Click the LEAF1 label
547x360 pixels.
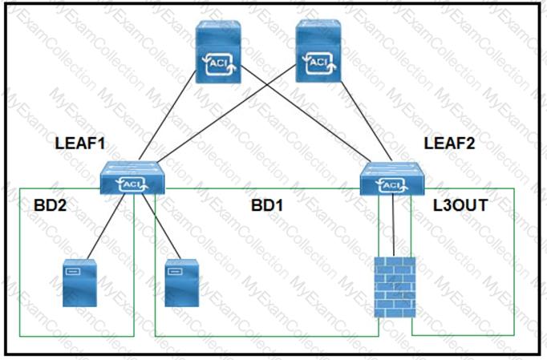[80, 144]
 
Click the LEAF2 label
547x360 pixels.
[449, 144]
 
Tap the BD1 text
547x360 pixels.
[267, 205]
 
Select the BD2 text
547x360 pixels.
[50, 205]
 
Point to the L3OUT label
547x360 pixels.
[460, 205]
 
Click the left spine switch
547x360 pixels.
[218, 51]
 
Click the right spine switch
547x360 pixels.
[318, 51]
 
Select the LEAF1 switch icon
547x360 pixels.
[132, 177]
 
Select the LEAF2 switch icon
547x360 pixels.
[392, 178]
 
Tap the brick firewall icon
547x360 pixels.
[395, 287]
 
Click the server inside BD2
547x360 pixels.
[79, 283]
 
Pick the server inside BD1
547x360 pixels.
[182, 283]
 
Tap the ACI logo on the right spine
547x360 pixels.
[319, 63]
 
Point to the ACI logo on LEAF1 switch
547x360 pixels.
[132, 184]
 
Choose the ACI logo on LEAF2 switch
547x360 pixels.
[392, 185]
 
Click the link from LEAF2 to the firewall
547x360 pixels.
[394, 225]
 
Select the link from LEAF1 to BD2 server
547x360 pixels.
[106, 227]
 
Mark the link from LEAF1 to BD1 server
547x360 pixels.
[161, 226]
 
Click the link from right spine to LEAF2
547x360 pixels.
[367, 122]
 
